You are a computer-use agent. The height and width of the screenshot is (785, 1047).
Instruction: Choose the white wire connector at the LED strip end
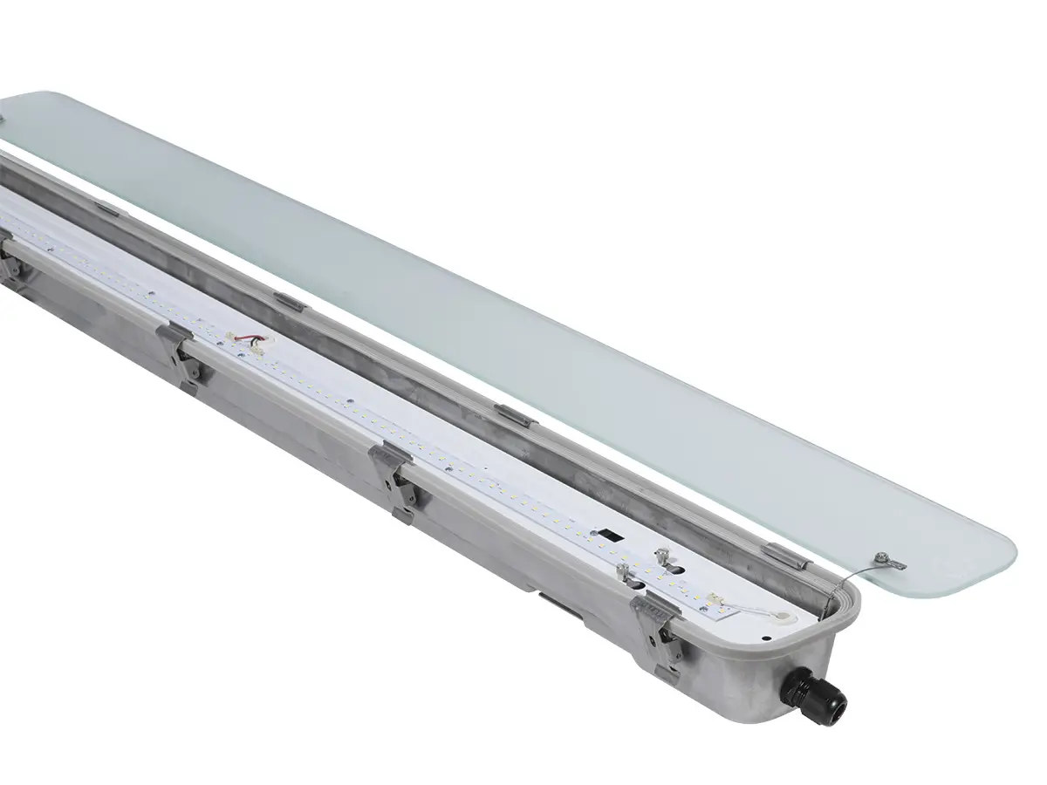click(x=717, y=599)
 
